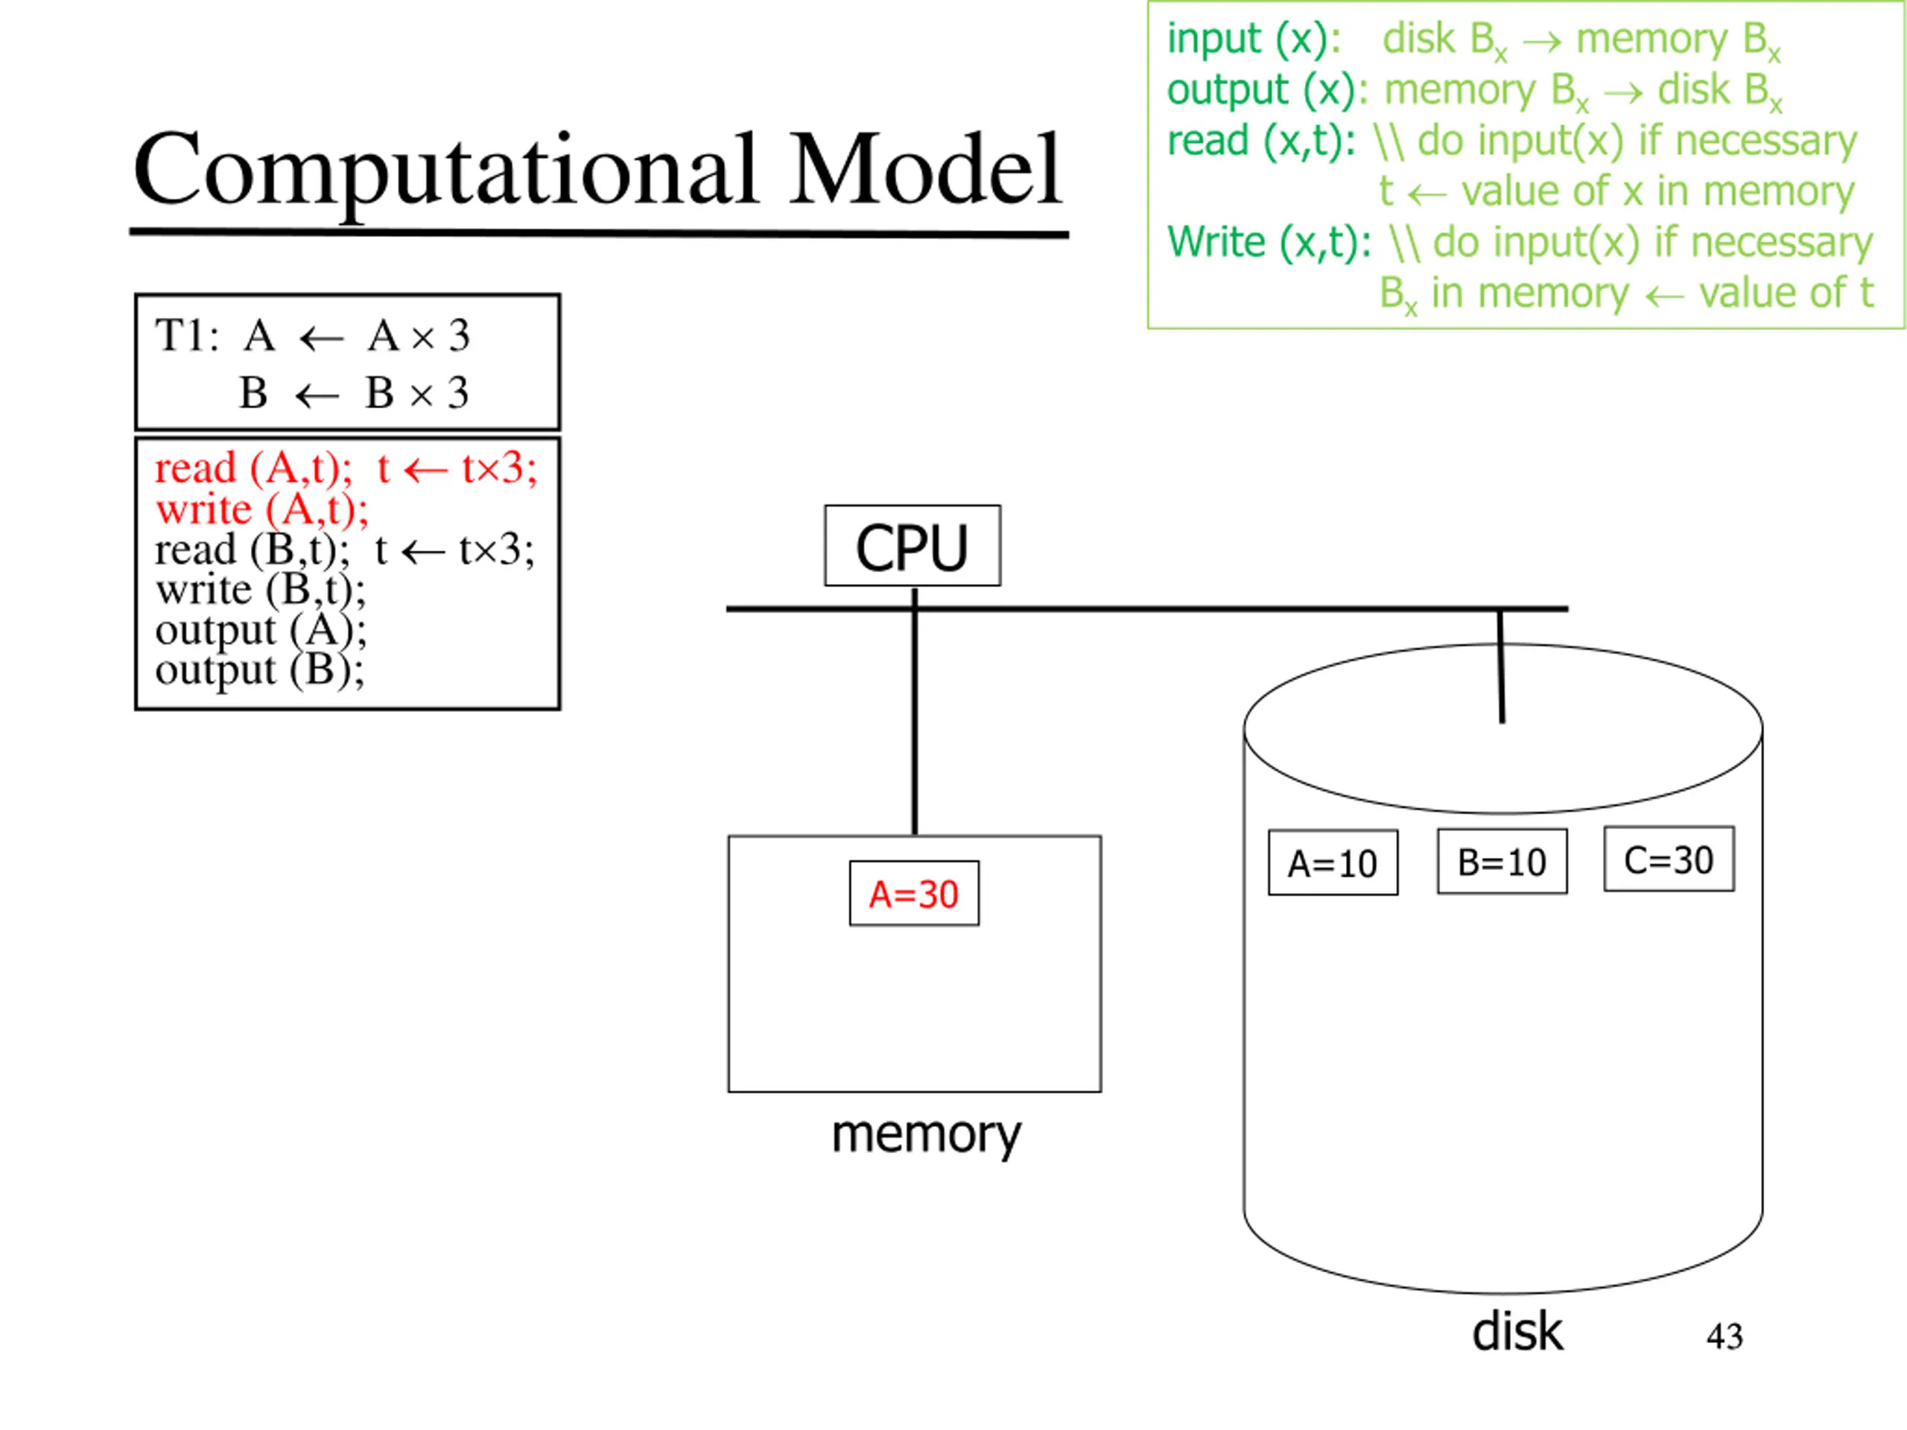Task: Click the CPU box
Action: click(912, 546)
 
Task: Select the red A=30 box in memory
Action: click(914, 893)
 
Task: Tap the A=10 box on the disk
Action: click(1333, 862)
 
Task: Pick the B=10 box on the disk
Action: click(1502, 861)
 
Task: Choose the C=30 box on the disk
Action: click(1669, 859)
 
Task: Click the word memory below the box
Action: click(926, 1135)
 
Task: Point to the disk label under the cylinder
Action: click(1517, 1332)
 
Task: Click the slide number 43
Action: click(1724, 1337)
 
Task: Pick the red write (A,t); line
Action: click(262, 509)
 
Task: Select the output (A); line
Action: click(261, 630)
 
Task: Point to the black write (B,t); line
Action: click(261, 590)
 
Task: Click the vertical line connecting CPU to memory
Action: click(915, 712)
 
